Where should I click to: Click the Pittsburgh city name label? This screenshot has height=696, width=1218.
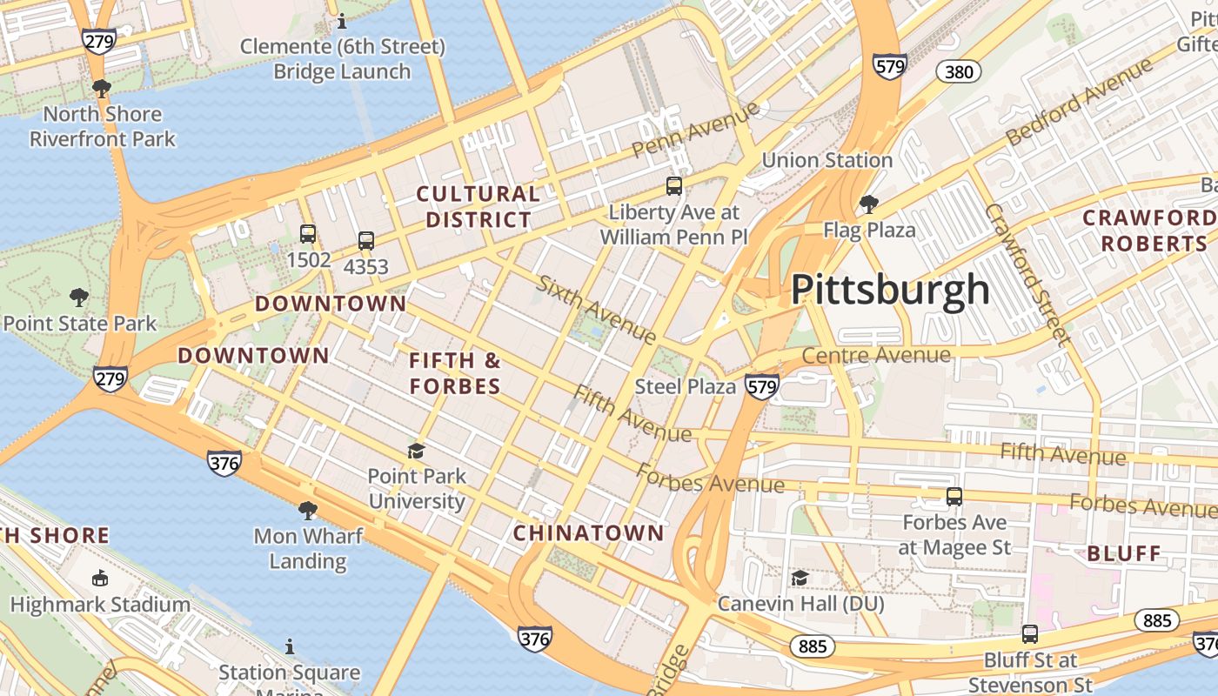click(890, 290)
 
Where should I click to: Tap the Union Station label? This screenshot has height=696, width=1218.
click(826, 160)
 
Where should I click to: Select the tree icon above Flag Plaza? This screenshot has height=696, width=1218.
click(867, 204)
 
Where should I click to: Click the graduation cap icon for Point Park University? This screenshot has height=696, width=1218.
click(417, 451)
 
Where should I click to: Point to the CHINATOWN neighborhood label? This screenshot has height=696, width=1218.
click(588, 533)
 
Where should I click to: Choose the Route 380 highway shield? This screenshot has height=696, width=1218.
click(959, 72)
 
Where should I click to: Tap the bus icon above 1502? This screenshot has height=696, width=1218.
click(308, 234)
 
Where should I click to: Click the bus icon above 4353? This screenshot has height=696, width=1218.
click(366, 241)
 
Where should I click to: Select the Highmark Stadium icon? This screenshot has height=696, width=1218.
click(100, 579)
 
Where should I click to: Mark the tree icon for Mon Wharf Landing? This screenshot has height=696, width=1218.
click(307, 510)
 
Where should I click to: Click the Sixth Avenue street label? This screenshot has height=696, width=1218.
click(596, 309)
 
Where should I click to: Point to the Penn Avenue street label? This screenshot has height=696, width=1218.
click(695, 130)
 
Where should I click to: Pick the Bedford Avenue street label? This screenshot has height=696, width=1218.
click(1079, 102)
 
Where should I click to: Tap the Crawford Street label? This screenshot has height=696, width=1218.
click(1026, 273)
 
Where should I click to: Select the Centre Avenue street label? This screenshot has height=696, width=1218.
click(876, 355)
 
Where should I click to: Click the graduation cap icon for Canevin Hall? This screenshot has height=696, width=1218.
click(800, 578)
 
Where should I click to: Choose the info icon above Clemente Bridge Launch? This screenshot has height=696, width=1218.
click(341, 21)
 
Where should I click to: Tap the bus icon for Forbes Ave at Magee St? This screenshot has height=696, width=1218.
click(954, 497)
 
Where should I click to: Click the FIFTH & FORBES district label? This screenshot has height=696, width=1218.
click(455, 373)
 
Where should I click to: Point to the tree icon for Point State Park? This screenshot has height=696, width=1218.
click(79, 298)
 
